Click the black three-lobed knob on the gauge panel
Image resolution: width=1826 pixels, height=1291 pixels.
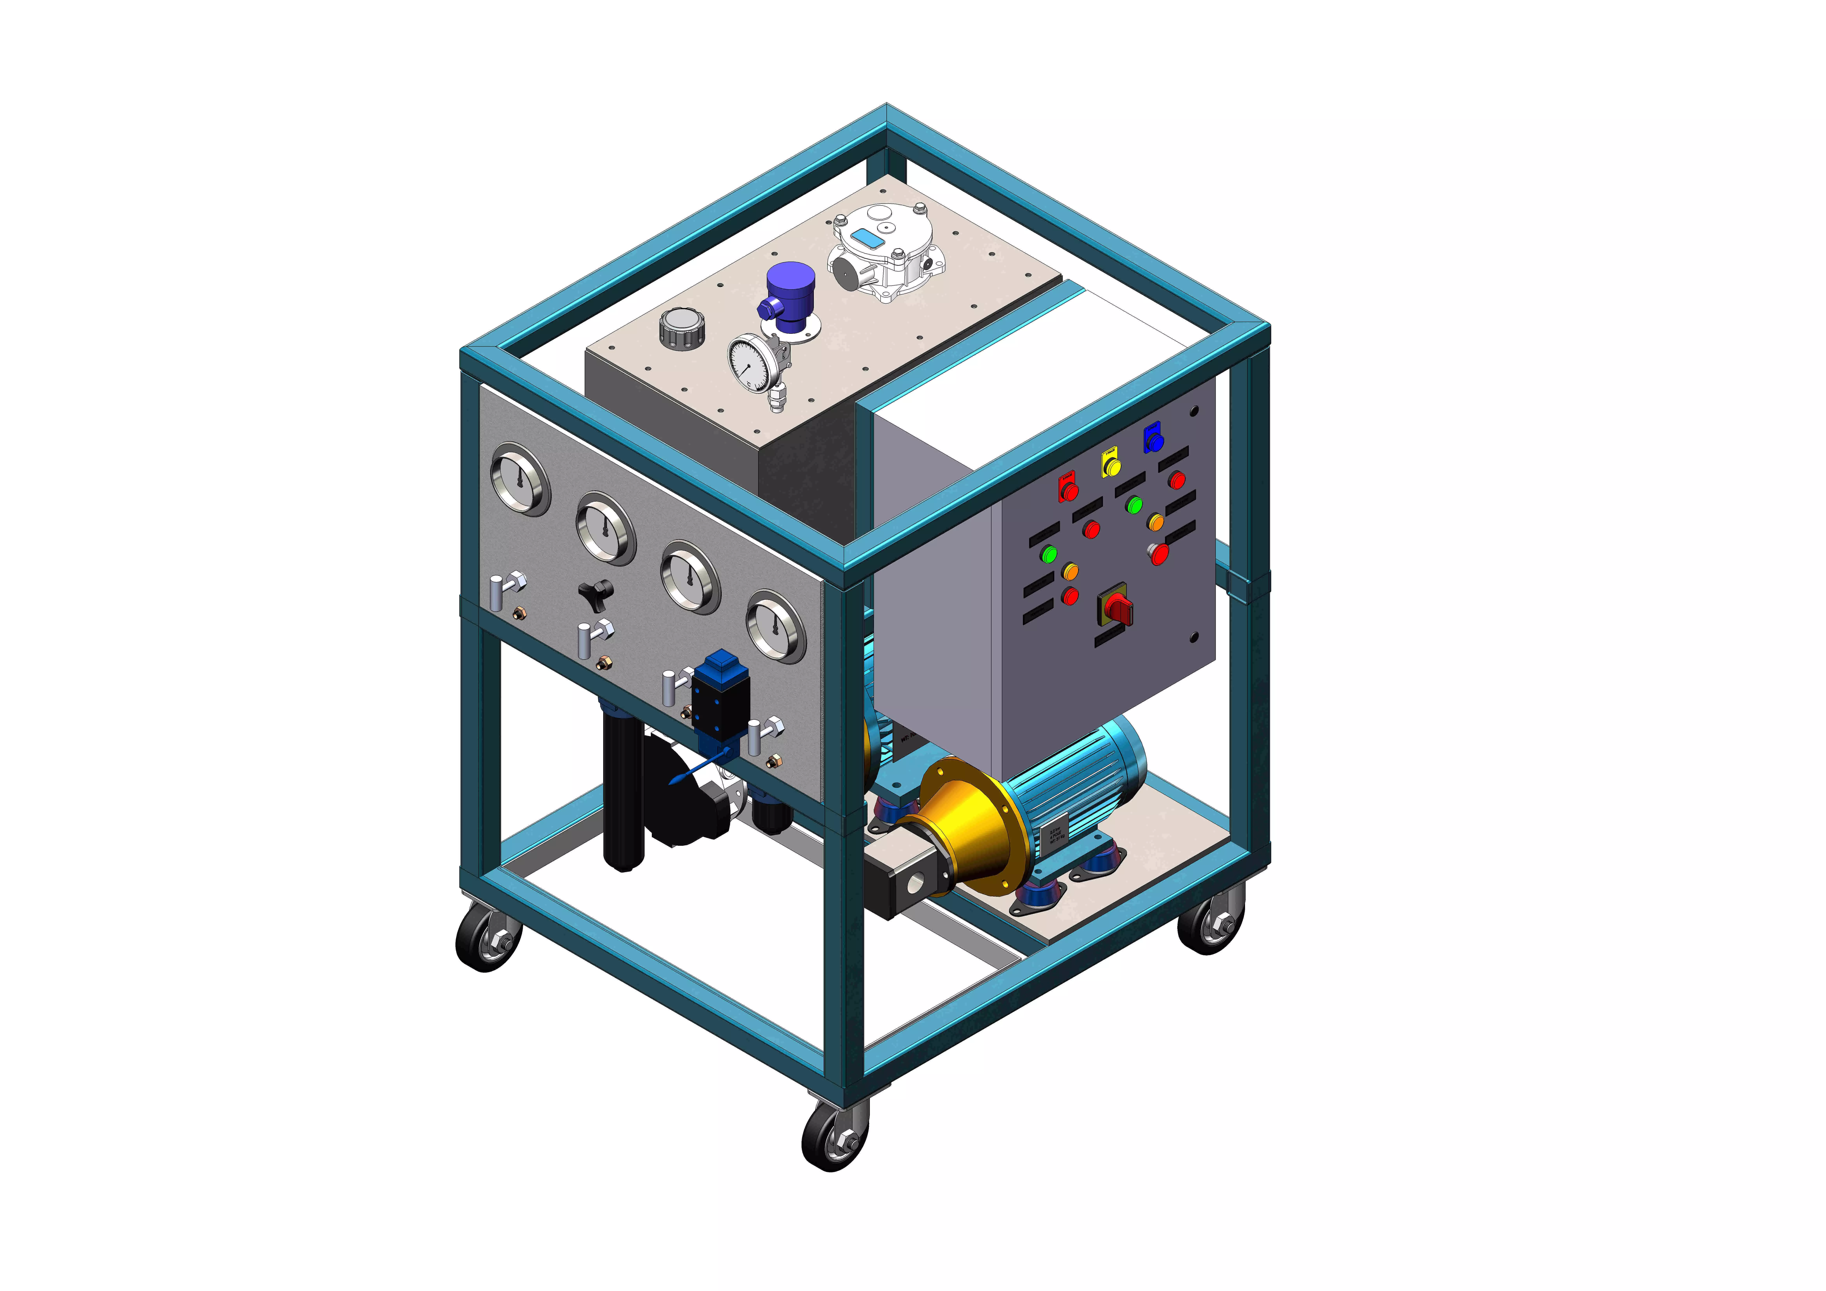pyautogui.click(x=596, y=592)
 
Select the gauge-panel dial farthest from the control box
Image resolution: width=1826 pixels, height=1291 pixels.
pyautogui.click(x=520, y=480)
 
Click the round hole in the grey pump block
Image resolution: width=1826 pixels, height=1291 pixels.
pyautogui.click(x=915, y=884)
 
